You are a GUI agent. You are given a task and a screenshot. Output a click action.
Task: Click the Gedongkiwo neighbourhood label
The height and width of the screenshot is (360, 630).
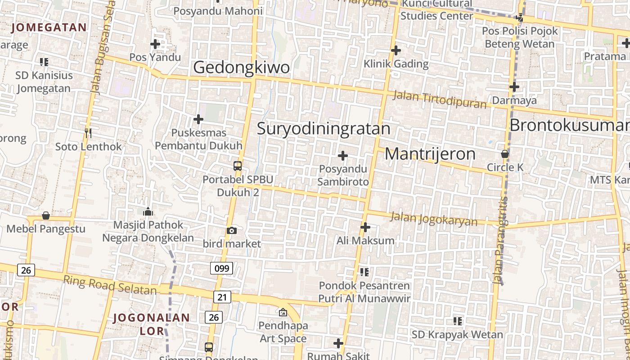(x=241, y=67)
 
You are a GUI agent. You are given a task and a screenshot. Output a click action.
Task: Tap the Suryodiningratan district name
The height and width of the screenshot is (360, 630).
(x=324, y=129)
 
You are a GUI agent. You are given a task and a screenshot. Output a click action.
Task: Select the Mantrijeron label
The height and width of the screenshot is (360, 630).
(x=430, y=154)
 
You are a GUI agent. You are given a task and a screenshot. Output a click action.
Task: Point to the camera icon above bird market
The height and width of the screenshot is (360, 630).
(x=232, y=230)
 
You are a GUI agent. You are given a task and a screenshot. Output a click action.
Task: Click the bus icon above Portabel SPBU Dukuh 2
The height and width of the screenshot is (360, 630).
(x=238, y=166)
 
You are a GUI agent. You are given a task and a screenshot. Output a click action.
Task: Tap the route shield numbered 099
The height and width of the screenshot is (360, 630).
(x=221, y=269)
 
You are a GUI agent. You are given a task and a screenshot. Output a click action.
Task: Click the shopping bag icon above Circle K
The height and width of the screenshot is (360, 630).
(x=505, y=153)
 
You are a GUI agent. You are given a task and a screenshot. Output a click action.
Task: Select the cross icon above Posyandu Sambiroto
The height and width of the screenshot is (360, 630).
(x=343, y=156)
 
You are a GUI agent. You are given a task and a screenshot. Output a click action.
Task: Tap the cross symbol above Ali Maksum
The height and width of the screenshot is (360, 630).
(x=365, y=227)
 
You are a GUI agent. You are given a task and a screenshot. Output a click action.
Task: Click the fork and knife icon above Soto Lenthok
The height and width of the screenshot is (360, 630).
(x=88, y=133)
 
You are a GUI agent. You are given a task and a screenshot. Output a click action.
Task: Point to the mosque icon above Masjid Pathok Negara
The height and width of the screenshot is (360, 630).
(x=148, y=211)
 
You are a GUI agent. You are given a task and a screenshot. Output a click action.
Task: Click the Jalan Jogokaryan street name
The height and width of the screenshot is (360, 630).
(x=434, y=219)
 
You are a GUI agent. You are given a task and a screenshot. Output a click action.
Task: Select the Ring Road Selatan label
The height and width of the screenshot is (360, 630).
(x=110, y=285)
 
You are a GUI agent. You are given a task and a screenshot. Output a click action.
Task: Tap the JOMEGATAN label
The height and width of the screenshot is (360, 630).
(x=49, y=27)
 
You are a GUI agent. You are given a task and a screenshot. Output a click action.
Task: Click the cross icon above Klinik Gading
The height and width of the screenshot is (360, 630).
(x=396, y=50)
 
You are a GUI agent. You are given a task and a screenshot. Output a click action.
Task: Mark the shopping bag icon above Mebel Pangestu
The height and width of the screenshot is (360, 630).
(x=45, y=216)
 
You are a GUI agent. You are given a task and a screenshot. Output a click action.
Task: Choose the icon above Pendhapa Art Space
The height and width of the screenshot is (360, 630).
(x=283, y=312)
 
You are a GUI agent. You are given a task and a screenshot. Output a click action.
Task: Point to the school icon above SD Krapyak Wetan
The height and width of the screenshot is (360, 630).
(x=458, y=321)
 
